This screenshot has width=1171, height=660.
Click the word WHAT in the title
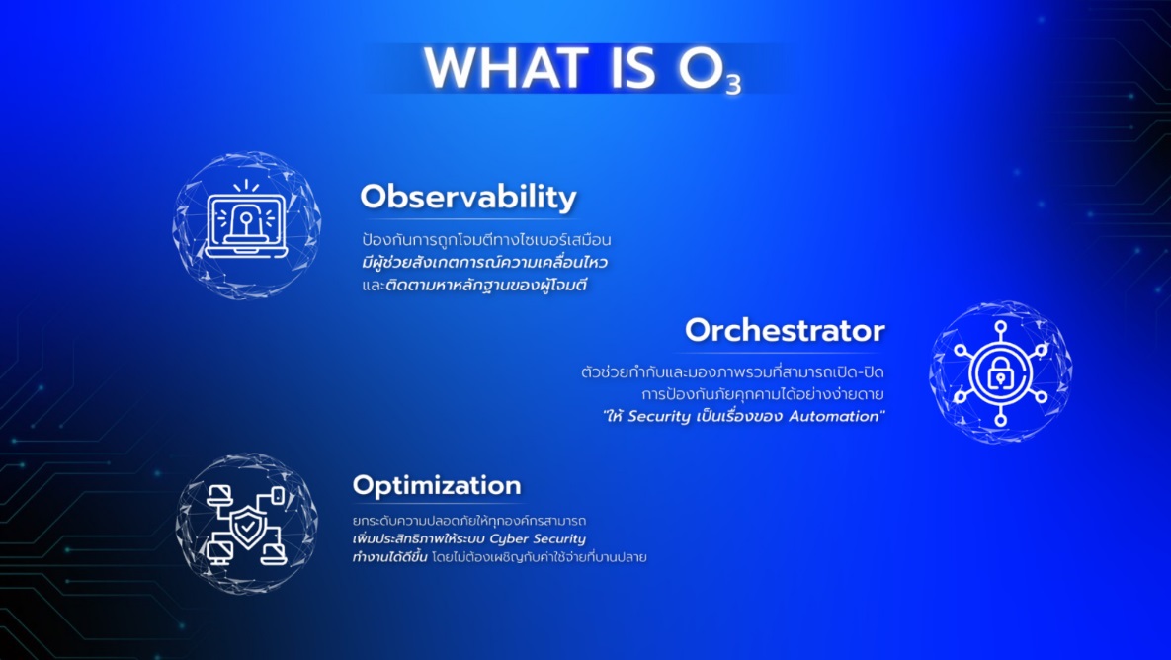coord(504,68)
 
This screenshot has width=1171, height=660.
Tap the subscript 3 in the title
coord(733,83)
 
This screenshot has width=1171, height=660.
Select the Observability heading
coord(468,197)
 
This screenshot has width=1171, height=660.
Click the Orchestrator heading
coord(785,330)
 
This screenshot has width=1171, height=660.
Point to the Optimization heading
coord(437,485)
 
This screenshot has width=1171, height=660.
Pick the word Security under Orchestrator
coord(659,417)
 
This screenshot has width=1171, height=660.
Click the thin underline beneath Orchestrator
coord(785,352)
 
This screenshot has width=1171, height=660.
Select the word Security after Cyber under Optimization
coord(560,539)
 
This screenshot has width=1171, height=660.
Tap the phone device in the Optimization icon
coord(278,496)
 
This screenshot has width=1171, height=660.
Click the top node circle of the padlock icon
coord(1001,326)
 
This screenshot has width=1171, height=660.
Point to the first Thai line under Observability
coord(486,240)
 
